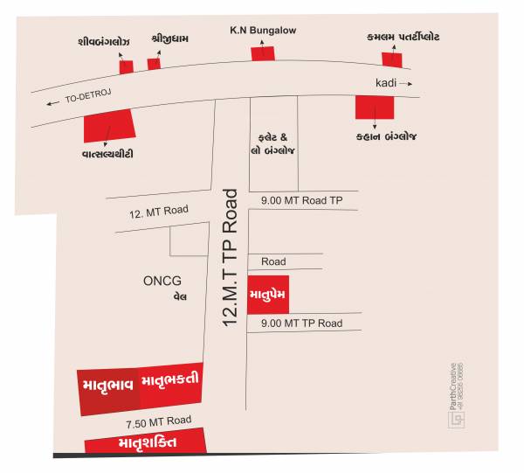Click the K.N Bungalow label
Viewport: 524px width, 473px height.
coord(263,31)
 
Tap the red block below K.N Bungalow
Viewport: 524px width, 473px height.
coord(263,53)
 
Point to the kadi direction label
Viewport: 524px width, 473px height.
coord(386,83)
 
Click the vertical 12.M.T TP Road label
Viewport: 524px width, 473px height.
coord(231,258)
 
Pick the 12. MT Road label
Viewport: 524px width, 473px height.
coord(159,210)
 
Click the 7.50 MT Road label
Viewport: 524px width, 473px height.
coord(158,422)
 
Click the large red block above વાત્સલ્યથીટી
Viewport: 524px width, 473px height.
coord(109,125)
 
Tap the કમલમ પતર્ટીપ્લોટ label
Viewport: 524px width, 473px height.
coord(403,38)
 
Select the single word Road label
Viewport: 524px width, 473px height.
coord(273,261)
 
